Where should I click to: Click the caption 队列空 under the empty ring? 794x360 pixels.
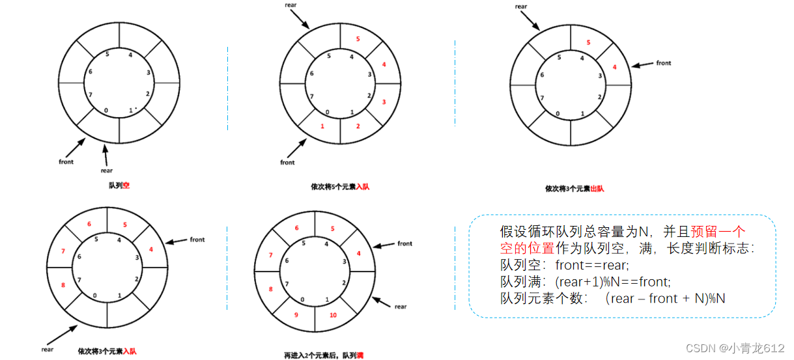(x=119, y=186)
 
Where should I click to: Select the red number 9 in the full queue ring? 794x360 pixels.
(x=296, y=315)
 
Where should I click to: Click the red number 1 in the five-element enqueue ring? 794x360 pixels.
(x=322, y=126)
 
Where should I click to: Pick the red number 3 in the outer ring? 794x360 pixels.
(x=384, y=102)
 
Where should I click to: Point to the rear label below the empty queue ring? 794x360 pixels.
(x=106, y=171)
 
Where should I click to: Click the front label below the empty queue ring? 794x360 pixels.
(x=66, y=161)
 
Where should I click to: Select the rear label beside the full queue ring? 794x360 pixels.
(x=400, y=307)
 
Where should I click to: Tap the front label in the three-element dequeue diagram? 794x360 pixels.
(x=663, y=63)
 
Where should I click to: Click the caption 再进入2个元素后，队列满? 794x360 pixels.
(x=324, y=355)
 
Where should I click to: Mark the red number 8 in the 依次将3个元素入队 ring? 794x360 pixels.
(x=63, y=284)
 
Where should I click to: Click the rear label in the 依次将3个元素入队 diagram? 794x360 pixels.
(x=47, y=349)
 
